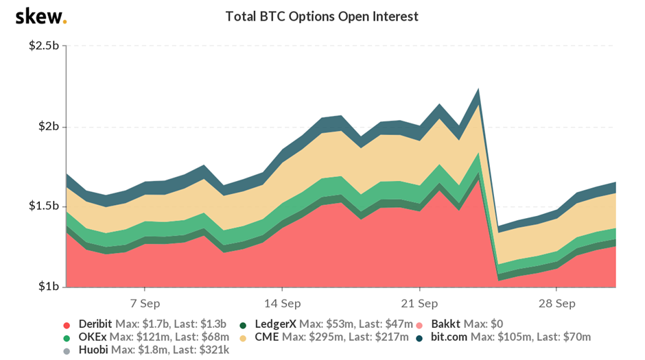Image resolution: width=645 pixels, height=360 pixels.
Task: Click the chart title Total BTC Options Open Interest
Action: click(322, 16)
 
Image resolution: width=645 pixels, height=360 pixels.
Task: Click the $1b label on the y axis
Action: click(47, 287)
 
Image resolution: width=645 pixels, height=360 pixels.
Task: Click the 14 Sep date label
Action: click(281, 302)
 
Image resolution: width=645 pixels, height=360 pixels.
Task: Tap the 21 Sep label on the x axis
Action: click(419, 302)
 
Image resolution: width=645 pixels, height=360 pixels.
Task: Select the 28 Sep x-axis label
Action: click(556, 302)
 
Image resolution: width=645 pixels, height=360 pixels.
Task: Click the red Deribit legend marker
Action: click(67, 324)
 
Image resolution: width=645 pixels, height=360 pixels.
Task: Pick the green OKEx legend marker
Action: click(67, 337)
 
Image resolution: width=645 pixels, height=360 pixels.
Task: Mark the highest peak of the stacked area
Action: click(478, 88)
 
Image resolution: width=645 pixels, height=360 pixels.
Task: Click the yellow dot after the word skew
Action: click(64, 21)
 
